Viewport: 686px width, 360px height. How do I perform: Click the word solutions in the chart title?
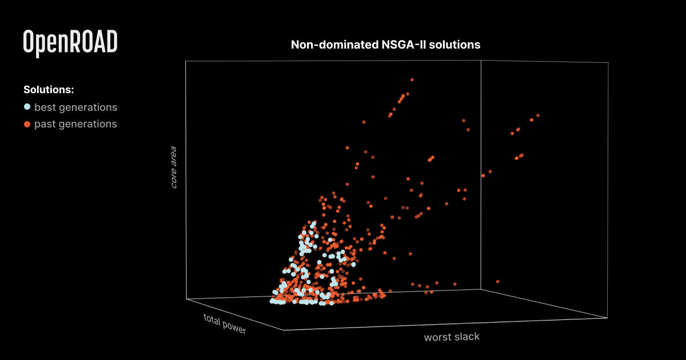(457, 45)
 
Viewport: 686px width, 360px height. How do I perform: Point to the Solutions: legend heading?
(49, 90)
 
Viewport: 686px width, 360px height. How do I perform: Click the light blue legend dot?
(27, 107)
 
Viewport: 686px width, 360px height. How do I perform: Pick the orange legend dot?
(27, 124)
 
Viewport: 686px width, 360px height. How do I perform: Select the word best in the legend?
(45, 107)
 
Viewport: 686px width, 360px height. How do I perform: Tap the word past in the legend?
(45, 124)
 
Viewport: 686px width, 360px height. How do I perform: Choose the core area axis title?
(174, 167)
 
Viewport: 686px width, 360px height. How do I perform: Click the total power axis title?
(225, 324)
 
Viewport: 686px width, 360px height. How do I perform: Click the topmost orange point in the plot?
(412, 79)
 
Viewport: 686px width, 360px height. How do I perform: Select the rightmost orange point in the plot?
(538, 115)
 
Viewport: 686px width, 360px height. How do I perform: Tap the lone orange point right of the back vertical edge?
(498, 281)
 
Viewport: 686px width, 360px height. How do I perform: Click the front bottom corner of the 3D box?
(282, 330)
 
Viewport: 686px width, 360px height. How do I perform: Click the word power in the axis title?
(234, 328)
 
